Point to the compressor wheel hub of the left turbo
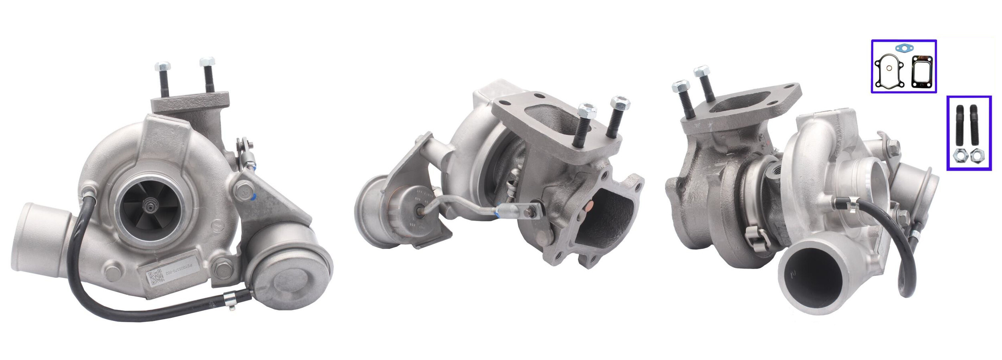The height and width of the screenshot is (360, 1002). (152, 206)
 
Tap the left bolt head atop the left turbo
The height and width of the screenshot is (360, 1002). (162, 66)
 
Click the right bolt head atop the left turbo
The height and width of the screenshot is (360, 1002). (207, 62)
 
